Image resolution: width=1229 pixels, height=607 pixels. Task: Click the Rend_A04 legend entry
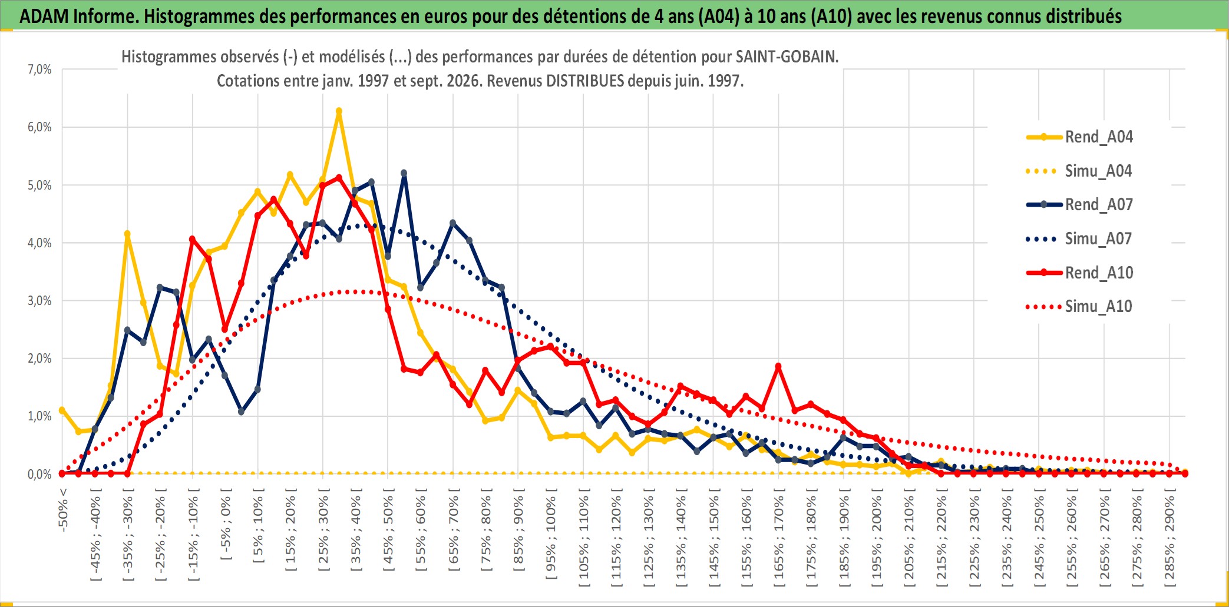[x=1079, y=137]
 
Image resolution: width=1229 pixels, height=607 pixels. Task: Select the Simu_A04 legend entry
[x=1079, y=171]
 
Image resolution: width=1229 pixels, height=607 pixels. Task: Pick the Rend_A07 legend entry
[x=1079, y=205]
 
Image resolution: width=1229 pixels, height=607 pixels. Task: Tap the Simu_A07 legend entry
[x=1079, y=239]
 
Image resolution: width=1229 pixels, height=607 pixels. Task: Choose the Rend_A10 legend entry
[x=1079, y=273]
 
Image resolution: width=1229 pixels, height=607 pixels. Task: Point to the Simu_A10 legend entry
[x=1079, y=306]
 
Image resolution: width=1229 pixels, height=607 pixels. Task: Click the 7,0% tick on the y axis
[x=39, y=69]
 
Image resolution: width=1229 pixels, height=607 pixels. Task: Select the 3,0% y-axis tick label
[x=39, y=301]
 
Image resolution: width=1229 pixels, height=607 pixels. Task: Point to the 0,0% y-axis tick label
[x=39, y=474]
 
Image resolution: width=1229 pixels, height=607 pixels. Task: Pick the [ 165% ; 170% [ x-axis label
[x=779, y=538]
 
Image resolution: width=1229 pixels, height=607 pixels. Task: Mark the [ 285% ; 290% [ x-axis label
[x=1169, y=538]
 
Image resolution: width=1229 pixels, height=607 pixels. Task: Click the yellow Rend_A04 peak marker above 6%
[x=339, y=111]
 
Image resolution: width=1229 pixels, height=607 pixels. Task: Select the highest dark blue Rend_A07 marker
[x=404, y=173]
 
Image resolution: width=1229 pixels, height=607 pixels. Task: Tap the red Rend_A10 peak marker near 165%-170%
[x=778, y=366]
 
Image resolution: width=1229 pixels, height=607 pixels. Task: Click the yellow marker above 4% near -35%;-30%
[x=127, y=234]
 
